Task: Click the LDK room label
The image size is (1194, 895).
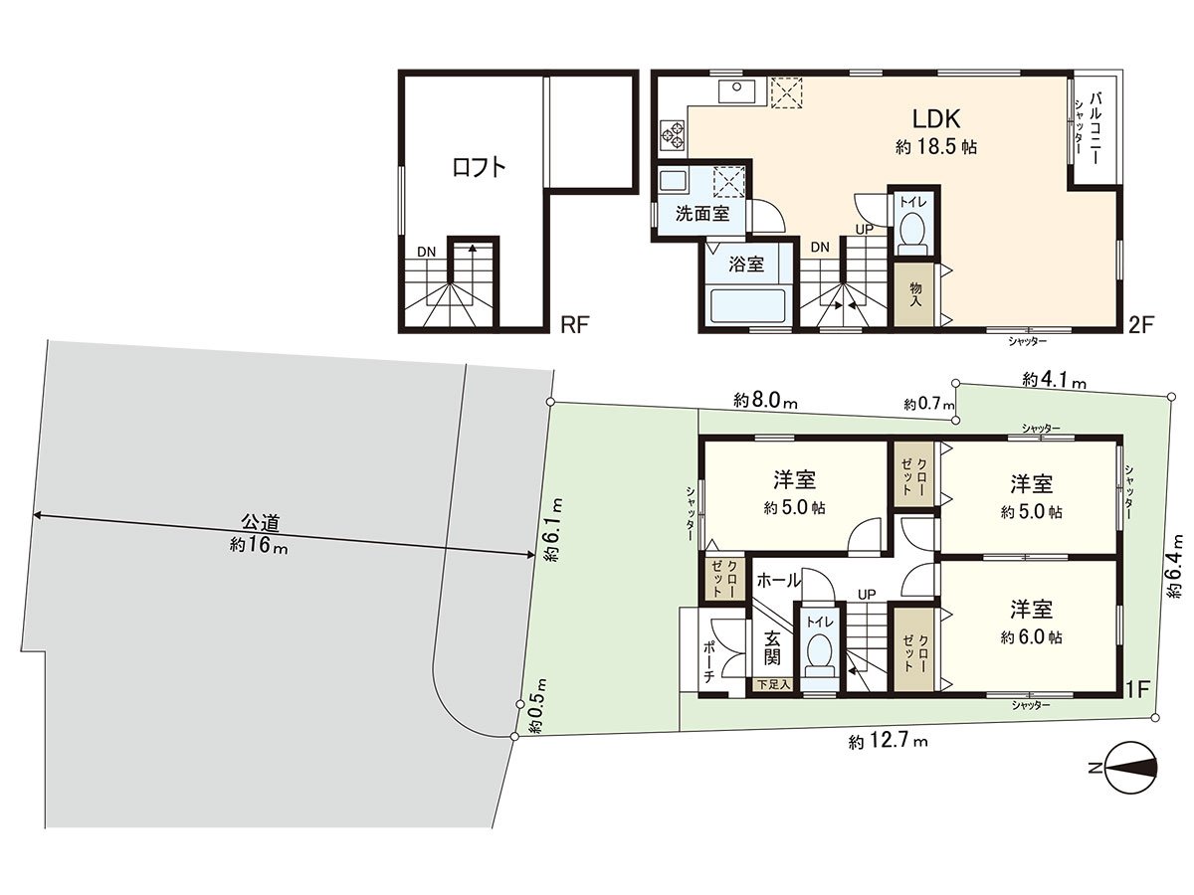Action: pyautogui.click(x=935, y=119)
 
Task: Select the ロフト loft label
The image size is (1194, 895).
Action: pyautogui.click(x=480, y=167)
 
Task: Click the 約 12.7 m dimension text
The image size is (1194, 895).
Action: pyautogui.click(x=888, y=741)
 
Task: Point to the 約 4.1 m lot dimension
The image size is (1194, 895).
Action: pyautogui.click(x=1054, y=380)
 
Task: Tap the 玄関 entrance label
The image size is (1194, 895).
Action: pyautogui.click(x=772, y=647)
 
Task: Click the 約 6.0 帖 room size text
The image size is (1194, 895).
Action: pyautogui.click(x=1031, y=636)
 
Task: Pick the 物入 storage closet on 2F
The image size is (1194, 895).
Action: pyautogui.click(x=915, y=294)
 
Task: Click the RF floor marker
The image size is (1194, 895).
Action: pyautogui.click(x=575, y=325)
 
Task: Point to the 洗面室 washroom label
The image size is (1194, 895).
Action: pyautogui.click(x=702, y=214)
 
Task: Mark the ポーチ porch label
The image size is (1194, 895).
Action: pyautogui.click(x=708, y=662)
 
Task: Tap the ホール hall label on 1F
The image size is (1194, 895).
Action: pyautogui.click(x=778, y=580)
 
